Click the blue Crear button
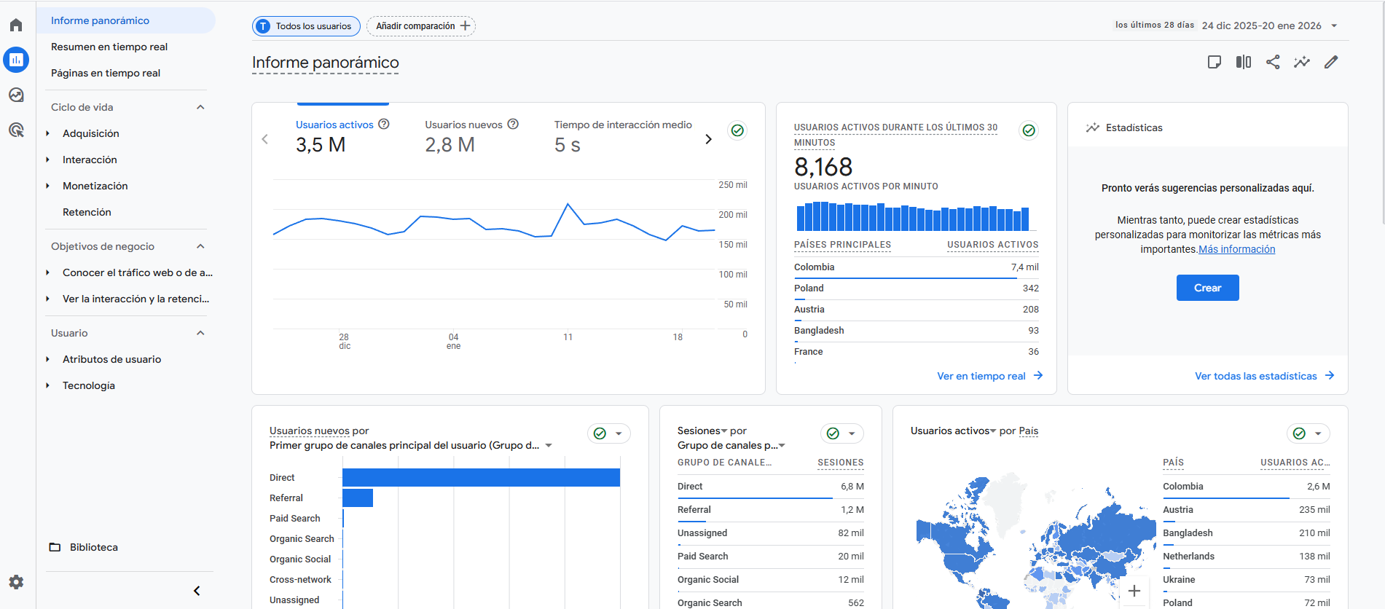1207,288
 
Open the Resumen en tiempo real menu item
109,47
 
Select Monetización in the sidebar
95,186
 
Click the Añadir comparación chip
421,26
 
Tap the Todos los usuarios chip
306,26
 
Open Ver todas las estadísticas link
1255,376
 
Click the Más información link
1236,249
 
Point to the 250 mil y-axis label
732,185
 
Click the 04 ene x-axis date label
453,341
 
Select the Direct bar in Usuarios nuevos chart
481,477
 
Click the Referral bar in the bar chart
357,498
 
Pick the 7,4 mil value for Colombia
1024,267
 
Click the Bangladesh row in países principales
819,331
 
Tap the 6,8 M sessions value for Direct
852,487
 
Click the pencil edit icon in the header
1331,62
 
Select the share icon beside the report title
1273,62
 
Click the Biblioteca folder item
93,547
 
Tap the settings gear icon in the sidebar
16,582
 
